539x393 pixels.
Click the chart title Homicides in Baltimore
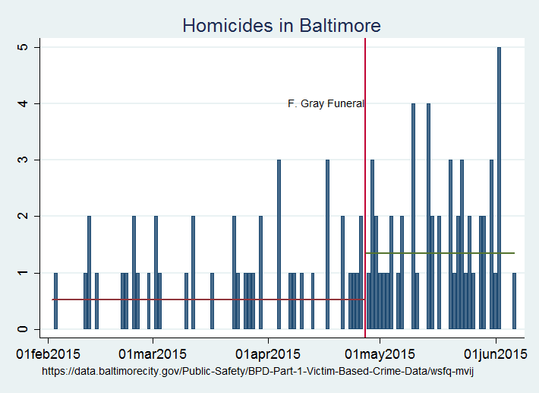tap(281, 25)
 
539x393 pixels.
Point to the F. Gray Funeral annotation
tap(326, 104)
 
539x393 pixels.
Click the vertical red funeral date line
tap(365, 190)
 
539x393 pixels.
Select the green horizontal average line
tap(440, 253)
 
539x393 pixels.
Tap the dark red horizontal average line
tap(205, 300)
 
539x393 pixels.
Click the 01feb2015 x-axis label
tap(48, 353)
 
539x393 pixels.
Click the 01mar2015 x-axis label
tap(153, 353)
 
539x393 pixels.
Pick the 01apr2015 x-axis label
tap(268, 353)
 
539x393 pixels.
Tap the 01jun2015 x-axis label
tap(496, 353)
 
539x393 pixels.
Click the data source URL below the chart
tap(257, 371)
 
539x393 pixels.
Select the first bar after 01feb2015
tap(55, 300)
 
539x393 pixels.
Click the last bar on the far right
tap(514, 300)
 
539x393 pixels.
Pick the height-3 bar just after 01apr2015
tap(279, 244)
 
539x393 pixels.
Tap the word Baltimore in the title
tap(333, 25)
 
